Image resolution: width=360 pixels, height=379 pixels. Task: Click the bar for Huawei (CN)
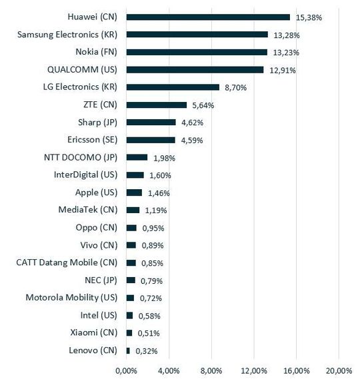point(207,17)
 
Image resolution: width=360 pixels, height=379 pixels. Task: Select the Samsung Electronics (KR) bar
point(197,34)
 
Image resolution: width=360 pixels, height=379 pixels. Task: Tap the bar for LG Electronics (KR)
point(172,87)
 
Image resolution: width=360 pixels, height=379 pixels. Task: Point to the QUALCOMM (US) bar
point(195,69)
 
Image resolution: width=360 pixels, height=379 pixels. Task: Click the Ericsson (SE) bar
point(151,140)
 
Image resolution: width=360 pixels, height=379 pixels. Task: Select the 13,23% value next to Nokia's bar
point(285,52)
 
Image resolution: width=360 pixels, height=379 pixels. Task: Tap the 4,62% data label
point(192,123)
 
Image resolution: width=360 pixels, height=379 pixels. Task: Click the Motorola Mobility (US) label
point(71,298)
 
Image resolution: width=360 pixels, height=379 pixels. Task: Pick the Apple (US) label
point(97,192)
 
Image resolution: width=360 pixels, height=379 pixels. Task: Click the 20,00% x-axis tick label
point(338,370)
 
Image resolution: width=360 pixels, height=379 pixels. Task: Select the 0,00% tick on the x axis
point(126,370)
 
